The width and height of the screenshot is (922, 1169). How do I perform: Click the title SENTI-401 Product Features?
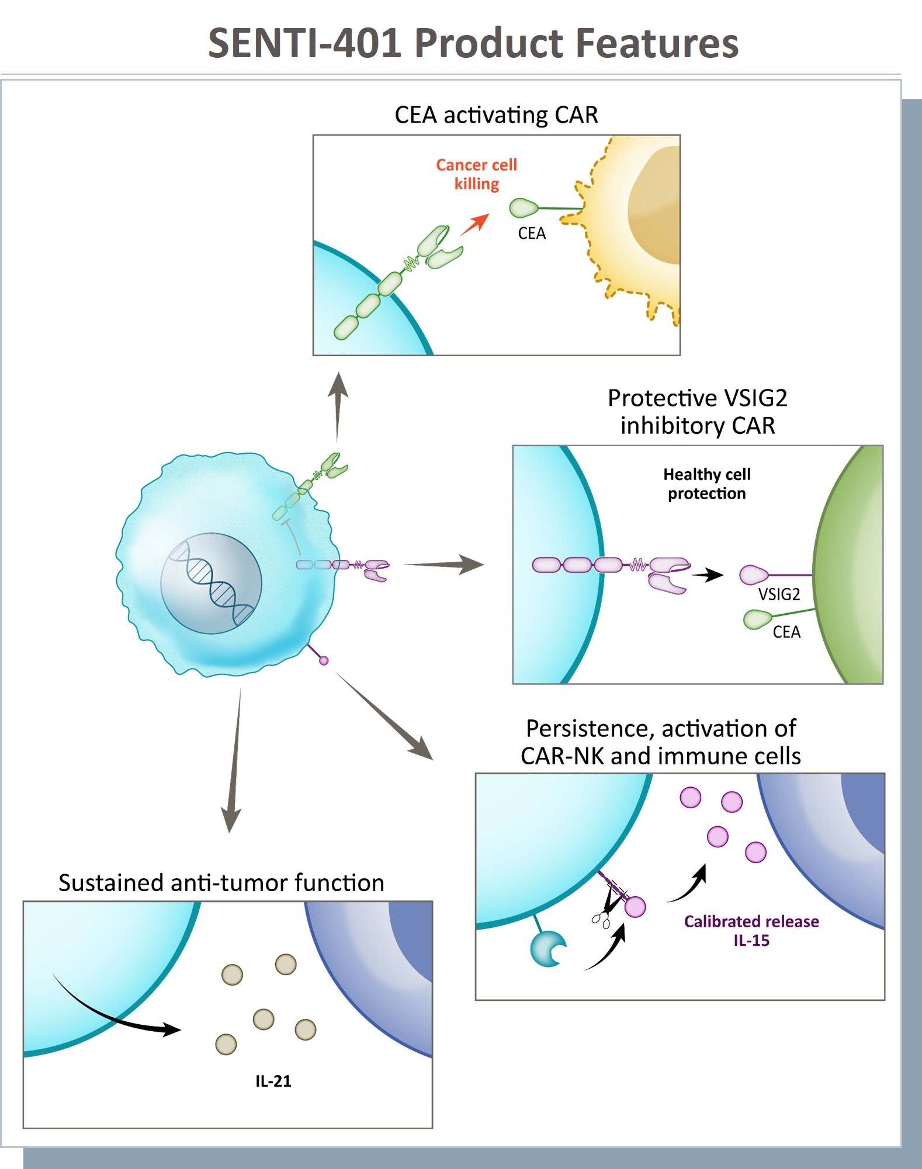473,43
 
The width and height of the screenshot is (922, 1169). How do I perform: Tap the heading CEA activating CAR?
496,115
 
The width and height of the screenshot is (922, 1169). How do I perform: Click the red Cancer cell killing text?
476,174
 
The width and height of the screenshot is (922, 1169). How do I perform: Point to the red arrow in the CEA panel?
474,224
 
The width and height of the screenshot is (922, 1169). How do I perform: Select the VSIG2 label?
779,594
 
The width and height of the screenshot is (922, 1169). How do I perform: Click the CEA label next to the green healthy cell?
786,632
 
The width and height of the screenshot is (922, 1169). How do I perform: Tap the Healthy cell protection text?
706,483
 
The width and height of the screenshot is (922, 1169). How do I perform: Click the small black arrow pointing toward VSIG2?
708,575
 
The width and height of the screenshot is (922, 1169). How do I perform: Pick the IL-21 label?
273,1081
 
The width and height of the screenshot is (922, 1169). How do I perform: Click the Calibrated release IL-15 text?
751,931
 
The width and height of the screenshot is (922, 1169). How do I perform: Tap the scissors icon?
601,920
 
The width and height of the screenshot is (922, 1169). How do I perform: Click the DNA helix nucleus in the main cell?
212,583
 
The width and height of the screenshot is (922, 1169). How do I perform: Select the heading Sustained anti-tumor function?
221,883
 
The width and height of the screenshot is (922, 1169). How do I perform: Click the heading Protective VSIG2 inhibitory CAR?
697,412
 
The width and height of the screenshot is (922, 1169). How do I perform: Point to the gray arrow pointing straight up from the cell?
338,406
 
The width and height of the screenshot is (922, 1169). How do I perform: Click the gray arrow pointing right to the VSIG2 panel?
444,565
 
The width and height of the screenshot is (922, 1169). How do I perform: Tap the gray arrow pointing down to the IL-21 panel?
233,759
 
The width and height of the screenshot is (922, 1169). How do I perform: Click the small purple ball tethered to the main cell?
324,660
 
